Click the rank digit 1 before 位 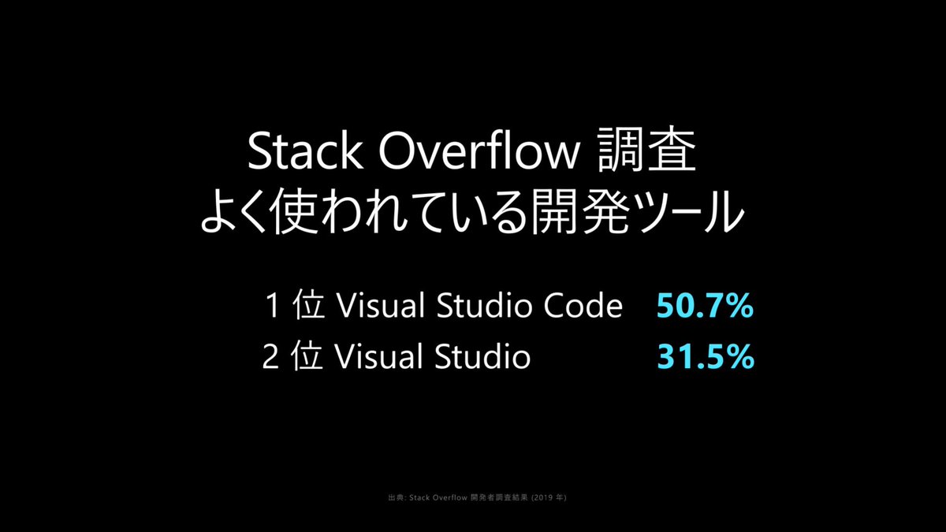pos(273,307)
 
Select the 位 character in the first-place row pos(307,307)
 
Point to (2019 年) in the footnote pos(549,497)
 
